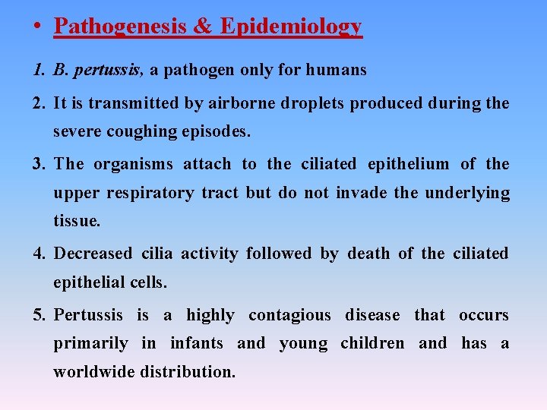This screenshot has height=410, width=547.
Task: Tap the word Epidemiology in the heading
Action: coord(291,27)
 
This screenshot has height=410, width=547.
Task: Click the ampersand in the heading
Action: coord(202,27)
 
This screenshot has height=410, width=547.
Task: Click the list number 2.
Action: coord(38,102)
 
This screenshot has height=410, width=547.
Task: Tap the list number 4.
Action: coord(38,253)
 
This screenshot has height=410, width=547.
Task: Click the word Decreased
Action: coord(92,253)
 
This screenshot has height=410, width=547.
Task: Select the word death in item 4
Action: coord(368,253)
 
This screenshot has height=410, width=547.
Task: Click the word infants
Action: coord(196,343)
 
